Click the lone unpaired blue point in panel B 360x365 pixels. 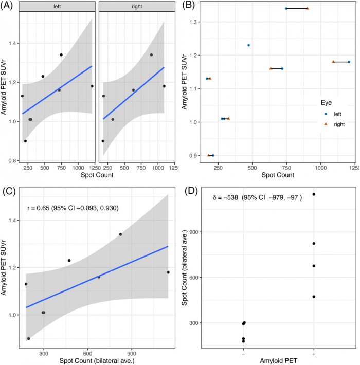[x=248, y=45]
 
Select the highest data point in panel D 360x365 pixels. [x=314, y=194]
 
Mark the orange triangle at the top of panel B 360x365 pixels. [x=307, y=8]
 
